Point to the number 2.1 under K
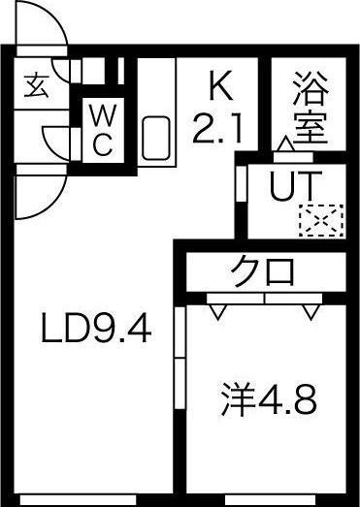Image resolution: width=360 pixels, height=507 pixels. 221,129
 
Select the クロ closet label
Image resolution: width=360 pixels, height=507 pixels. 263,271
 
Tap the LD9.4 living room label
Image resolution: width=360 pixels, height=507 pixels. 95,332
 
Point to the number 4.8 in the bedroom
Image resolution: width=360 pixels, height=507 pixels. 289,398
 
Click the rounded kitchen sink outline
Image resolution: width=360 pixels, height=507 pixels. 156,140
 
